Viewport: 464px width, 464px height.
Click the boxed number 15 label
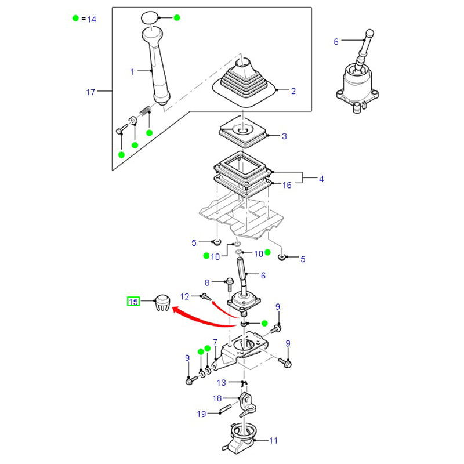(134, 302)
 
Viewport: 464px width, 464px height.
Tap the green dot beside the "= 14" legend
(75, 19)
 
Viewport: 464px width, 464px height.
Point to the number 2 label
(293, 91)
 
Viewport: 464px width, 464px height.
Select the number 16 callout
(287, 185)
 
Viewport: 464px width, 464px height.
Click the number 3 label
(284, 136)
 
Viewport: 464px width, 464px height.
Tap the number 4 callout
(321, 179)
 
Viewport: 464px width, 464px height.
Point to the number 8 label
(206, 282)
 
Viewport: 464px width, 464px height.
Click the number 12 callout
(184, 296)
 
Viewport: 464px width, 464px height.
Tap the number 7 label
(215, 342)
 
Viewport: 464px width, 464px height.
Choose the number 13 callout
(222, 383)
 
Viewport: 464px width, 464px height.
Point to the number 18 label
(217, 398)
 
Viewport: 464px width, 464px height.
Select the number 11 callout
(273, 441)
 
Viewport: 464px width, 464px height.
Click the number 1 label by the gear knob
(132, 72)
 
